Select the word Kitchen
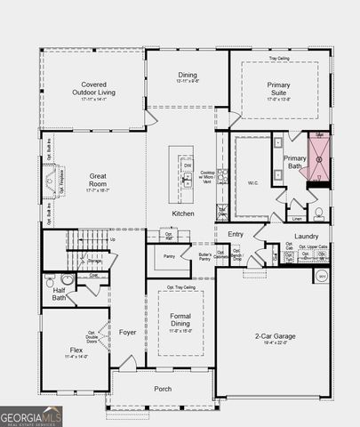click(x=183, y=214)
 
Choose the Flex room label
click(x=76, y=350)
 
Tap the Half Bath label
click(x=59, y=294)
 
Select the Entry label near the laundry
click(x=236, y=234)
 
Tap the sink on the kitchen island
click(x=187, y=180)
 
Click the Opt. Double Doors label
click(x=92, y=335)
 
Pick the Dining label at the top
click(x=188, y=76)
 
